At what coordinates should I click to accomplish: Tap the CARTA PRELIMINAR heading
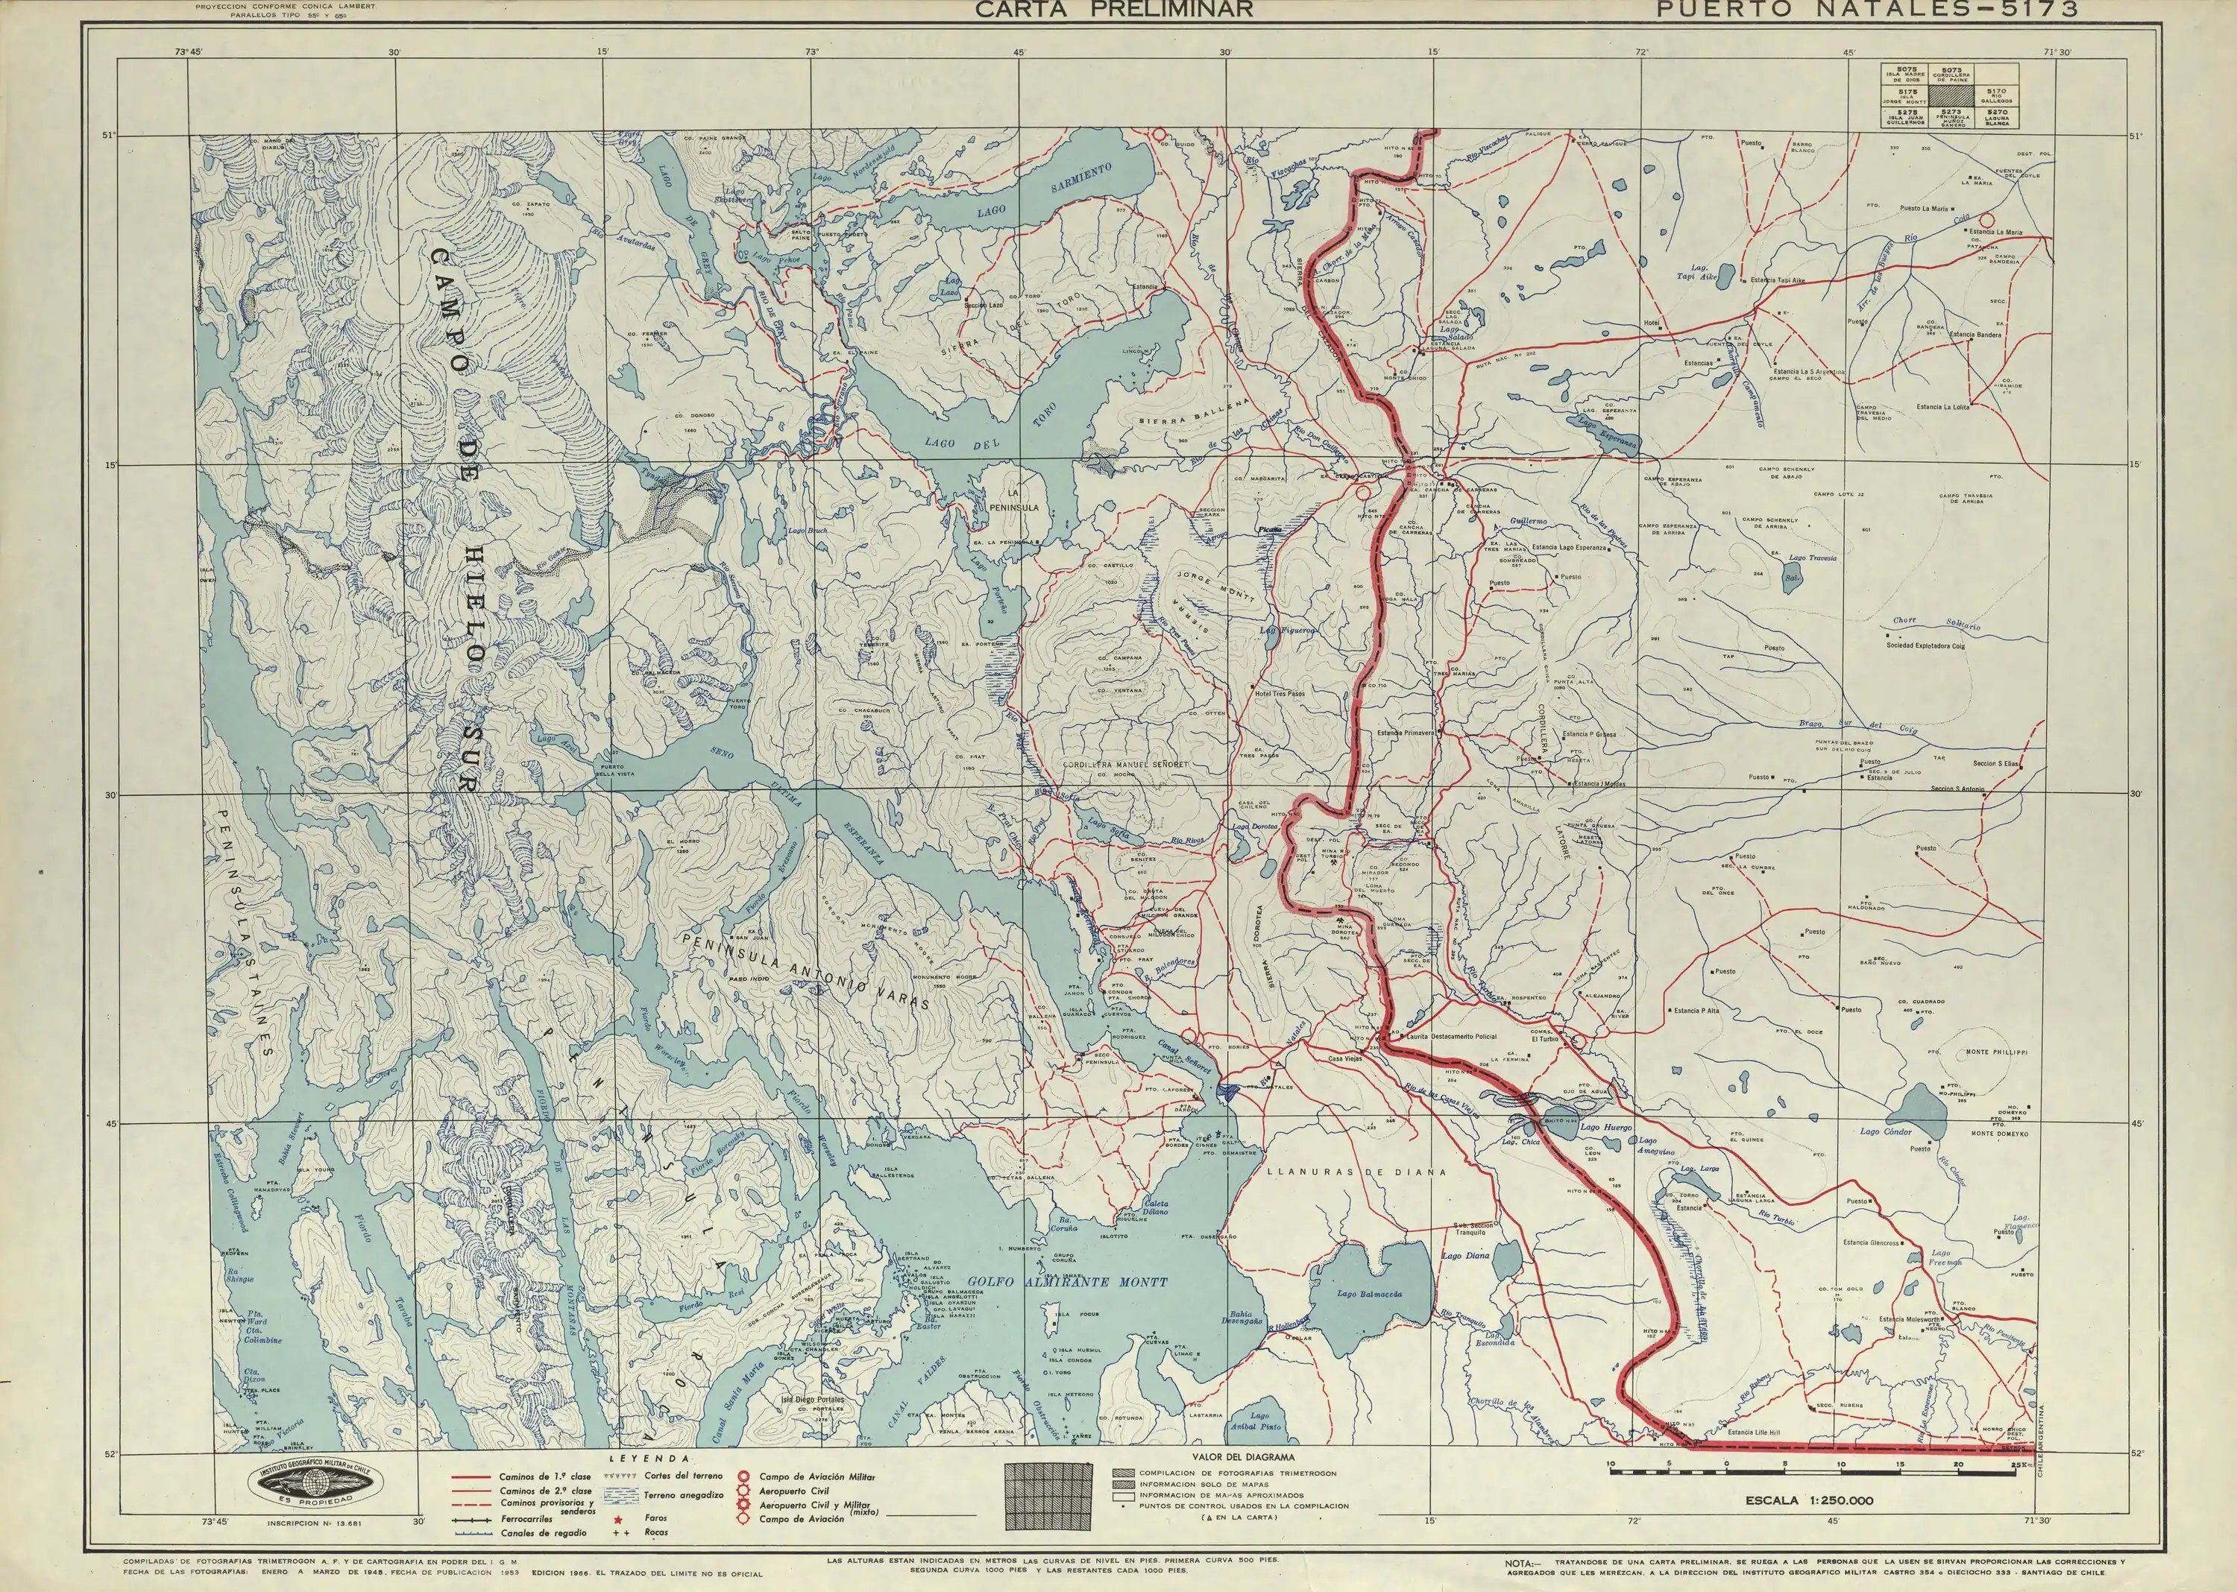pyautogui.click(x=1113, y=10)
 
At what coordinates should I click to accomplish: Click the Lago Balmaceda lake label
pyautogui.click(x=1369, y=1294)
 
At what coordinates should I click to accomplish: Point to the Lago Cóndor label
pyautogui.click(x=1886, y=1131)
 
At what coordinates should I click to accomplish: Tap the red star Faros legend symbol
pyautogui.click(x=619, y=1518)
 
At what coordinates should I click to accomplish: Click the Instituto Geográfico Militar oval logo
pyautogui.click(x=313, y=1483)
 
